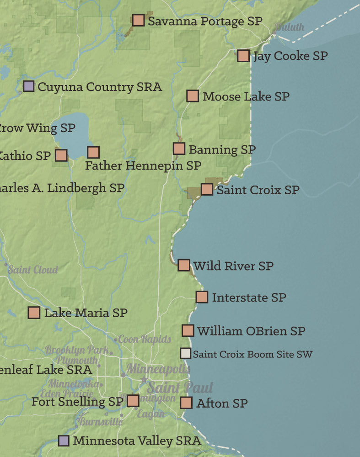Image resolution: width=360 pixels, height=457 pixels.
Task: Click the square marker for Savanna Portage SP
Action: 138,20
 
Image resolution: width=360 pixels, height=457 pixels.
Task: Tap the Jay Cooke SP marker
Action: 243,56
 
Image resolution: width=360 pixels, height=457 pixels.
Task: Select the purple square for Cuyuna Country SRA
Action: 28,86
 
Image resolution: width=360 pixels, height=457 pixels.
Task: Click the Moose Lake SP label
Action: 246,96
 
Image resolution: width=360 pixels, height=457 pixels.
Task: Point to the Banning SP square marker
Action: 179,149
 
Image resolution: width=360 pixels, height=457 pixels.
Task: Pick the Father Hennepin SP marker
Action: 93,152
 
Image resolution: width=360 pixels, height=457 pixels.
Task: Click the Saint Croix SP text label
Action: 258,190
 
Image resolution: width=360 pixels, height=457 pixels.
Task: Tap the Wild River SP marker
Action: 183,265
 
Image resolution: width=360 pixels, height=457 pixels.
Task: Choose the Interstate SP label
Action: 249,298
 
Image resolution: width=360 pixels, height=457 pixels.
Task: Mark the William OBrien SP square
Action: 188,330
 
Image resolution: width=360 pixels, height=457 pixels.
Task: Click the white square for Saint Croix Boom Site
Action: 185,353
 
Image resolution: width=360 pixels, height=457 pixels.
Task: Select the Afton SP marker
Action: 186,403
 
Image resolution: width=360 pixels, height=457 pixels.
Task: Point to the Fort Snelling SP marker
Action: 133,401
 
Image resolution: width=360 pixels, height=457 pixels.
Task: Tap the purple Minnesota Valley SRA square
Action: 64,441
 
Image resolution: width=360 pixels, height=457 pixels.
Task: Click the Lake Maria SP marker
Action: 34,313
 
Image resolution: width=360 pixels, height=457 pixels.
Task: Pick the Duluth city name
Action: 290,27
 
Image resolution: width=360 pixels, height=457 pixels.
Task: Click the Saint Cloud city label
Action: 33,270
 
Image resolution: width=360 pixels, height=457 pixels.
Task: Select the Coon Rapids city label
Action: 145,339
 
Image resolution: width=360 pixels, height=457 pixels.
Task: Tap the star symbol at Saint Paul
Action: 144,380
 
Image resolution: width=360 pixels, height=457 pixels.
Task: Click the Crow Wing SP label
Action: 37,128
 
